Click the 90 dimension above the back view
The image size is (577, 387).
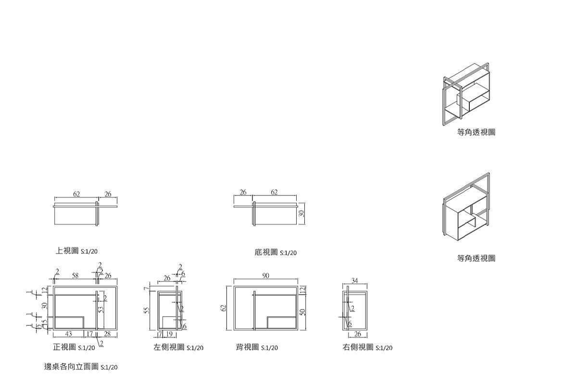pos(266,275)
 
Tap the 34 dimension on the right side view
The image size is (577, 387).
pos(355,281)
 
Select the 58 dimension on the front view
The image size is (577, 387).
pos(75,276)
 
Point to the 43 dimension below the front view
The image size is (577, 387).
pos(69,334)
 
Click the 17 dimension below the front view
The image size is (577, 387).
pos(90,334)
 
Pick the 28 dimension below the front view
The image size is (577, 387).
pos(107,334)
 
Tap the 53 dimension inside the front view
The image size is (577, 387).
pos(101,310)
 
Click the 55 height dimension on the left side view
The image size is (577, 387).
pos(147,310)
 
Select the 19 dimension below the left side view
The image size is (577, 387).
pos(169,334)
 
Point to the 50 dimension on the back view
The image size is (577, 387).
pos(302,312)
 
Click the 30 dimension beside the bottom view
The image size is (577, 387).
pos(302,213)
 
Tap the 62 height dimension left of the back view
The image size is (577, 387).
pos(223,308)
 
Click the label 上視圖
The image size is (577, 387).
pos(67,251)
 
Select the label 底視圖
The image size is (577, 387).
pos(266,252)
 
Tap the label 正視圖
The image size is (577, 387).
pos(64,347)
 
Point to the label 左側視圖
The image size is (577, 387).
pos(169,347)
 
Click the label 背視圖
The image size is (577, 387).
pos(247,347)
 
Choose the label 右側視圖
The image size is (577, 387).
pos(358,347)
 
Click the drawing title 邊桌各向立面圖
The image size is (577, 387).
pos(71,366)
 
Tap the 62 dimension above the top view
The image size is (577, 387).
pos(76,194)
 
